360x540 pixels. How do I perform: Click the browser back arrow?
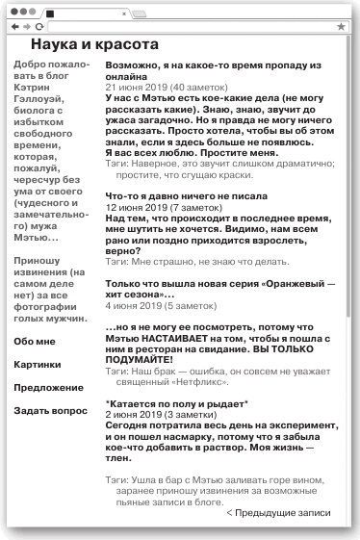[x=13, y=27]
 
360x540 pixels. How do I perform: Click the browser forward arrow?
[x=26, y=27]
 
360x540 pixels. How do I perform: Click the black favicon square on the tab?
[x=50, y=14]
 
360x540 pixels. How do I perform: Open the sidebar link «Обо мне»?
[x=35, y=341]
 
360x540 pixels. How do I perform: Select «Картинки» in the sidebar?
[x=38, y=364]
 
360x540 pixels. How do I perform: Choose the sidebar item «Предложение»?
[x=48, y=387]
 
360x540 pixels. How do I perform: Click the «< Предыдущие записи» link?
[x=278, y=513]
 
